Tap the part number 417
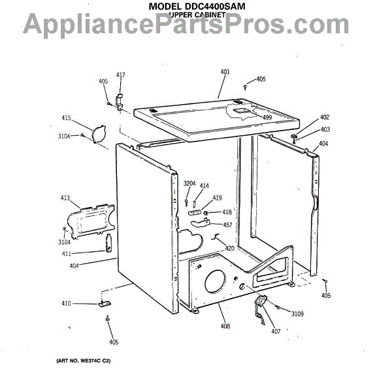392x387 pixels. click(120, 75)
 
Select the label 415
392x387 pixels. click(66, 118)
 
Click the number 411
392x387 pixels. click(67, 253)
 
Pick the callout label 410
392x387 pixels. click(66, 303)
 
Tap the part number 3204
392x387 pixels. click(189, 183)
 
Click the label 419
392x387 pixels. click(218, 198)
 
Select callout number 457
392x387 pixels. click(228, 225)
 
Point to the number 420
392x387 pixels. click(229, 248)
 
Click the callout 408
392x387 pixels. click(225, 326)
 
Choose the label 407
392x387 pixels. click(276, 332)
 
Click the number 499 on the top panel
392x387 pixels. click(267, 117)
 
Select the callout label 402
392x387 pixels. click(325, 117)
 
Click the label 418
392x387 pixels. click(227, 212)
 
